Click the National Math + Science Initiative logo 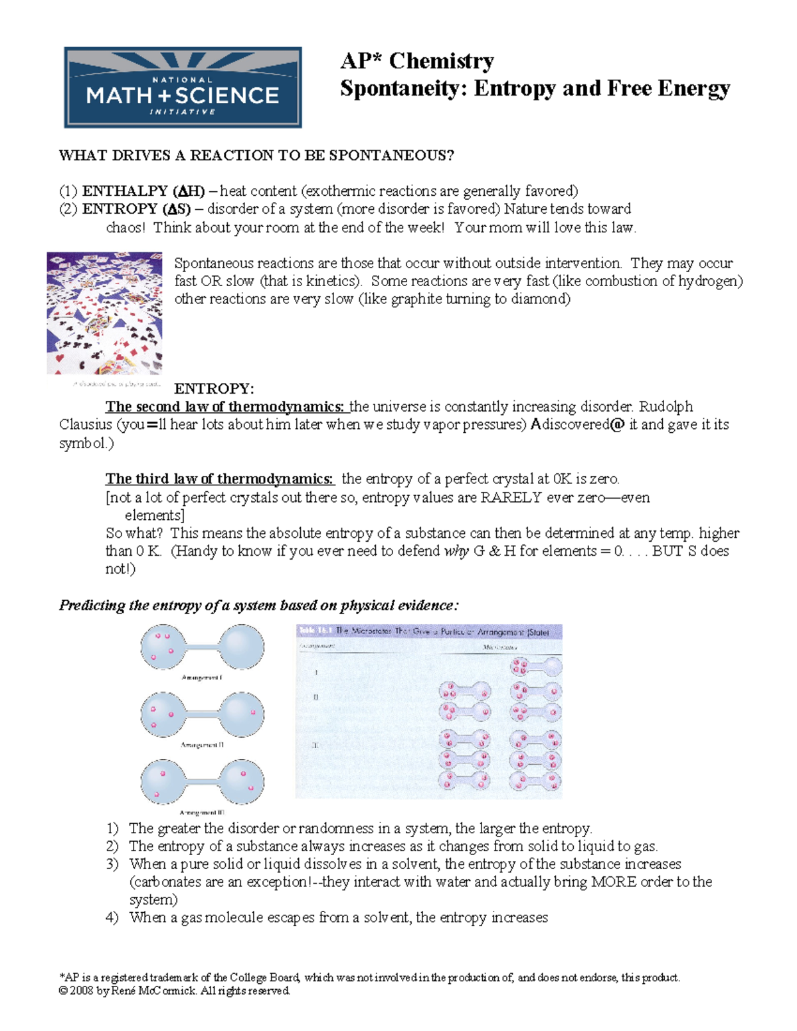coord(183,88)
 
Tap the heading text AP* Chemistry coord(416,61)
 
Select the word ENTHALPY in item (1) coord(125,191)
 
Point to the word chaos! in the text coord(126,228)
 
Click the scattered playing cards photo coord(104,313)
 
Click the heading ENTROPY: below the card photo coord(214,388)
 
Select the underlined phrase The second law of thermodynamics coord(224,406)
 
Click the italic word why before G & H coord(456,551)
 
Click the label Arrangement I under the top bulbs coord(201,678)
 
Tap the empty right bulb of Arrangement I coord(241,647)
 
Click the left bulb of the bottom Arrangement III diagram coord(163,781)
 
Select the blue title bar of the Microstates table coord(429,631)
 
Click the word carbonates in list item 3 coord(165,882)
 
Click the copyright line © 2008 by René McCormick coord(174,991)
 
